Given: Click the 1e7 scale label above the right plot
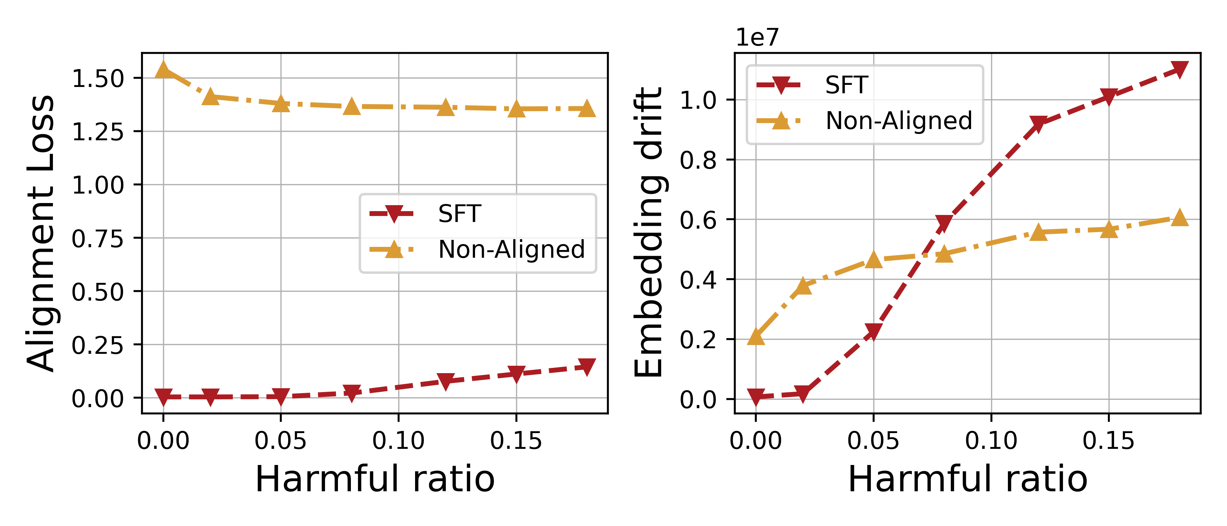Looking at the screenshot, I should click(x=757, y=37).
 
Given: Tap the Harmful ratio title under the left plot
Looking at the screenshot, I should click(x=375, y=479).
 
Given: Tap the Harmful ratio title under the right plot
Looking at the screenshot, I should click(x=968, y=479).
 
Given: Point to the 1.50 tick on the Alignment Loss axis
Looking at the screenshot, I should click(x=98, y=78).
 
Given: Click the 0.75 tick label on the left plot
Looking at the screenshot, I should click(x=98, y=238).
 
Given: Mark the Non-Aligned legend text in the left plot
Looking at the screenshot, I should click(x=511, y=249).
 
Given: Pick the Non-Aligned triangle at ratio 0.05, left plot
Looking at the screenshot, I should click(x=281, y=104).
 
